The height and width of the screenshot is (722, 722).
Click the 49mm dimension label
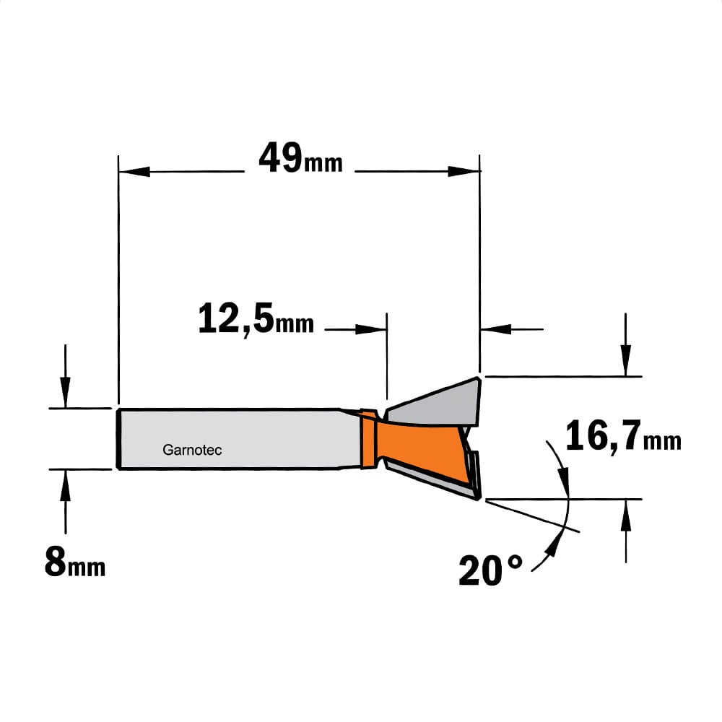pos(300,158)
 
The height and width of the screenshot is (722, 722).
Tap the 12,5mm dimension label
pos(256,318)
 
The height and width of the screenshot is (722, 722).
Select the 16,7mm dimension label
pos(623,437)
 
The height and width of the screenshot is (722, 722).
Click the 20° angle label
pos(491,570)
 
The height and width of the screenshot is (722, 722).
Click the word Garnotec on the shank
pos(192,450)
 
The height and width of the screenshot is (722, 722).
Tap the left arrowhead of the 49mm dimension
pos(134,172)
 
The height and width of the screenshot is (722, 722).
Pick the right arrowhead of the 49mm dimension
pos(464,172)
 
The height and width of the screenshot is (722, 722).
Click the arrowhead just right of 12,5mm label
pos(370,329)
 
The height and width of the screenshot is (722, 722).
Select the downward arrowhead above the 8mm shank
pos(66,392)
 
